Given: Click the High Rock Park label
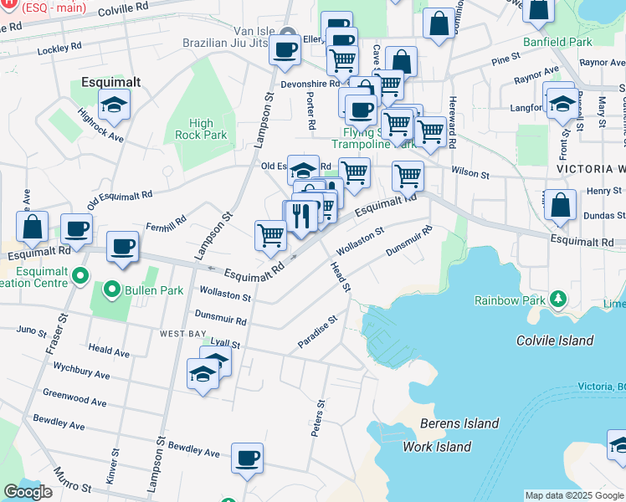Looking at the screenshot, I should [202, 129].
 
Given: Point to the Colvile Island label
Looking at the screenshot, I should [555, 341].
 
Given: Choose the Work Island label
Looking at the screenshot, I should [436, 447].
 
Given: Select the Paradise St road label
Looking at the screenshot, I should [317, 332].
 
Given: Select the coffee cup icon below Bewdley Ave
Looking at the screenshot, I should [247, 458].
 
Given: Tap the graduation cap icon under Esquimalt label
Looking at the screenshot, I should [113, 105].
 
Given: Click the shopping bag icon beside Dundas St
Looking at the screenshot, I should [560, 205].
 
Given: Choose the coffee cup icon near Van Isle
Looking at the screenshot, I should [285, 49].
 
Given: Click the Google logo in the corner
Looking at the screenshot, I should [28, 492].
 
